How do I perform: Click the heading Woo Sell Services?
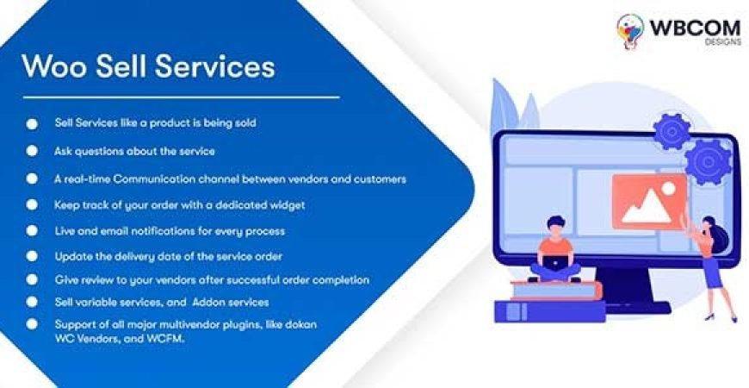148,66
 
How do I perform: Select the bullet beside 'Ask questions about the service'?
32,150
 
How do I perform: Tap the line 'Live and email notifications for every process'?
170,231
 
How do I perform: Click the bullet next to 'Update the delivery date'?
32,256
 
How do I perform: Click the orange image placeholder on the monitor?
647,201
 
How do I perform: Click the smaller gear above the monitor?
669,131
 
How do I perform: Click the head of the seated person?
554,227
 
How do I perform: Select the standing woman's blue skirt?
712,274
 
